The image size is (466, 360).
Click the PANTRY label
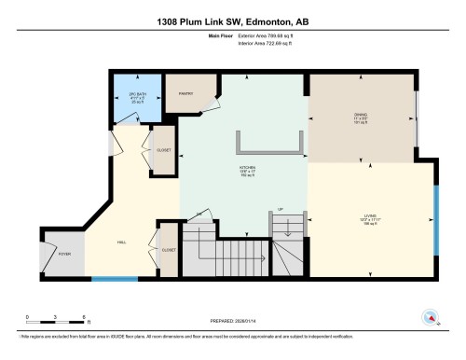tap(185, 93)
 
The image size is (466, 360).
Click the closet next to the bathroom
tap(163, 152)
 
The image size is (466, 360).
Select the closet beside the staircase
tap(169, 249)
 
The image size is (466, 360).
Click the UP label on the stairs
tap(281, 210)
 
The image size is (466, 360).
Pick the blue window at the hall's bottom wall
tap(115, 278)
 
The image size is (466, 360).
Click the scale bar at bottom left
tap(55, 320)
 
